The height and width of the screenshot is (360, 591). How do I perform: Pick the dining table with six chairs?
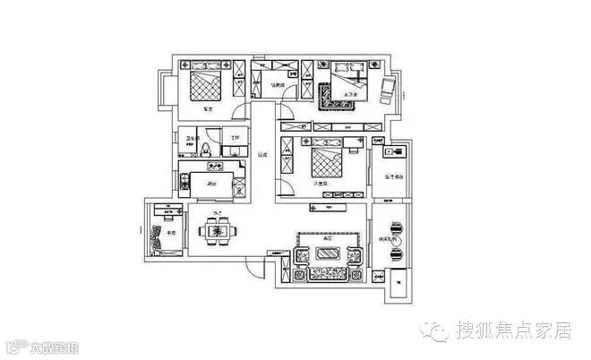click(218, 231)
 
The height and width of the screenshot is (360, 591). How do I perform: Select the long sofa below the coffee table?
click(328, 273)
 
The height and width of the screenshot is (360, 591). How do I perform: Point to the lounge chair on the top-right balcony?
click(387, 88)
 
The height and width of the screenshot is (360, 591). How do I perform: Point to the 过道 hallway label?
click(262, 156)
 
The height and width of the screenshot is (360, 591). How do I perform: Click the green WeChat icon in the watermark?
click(437, 332)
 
